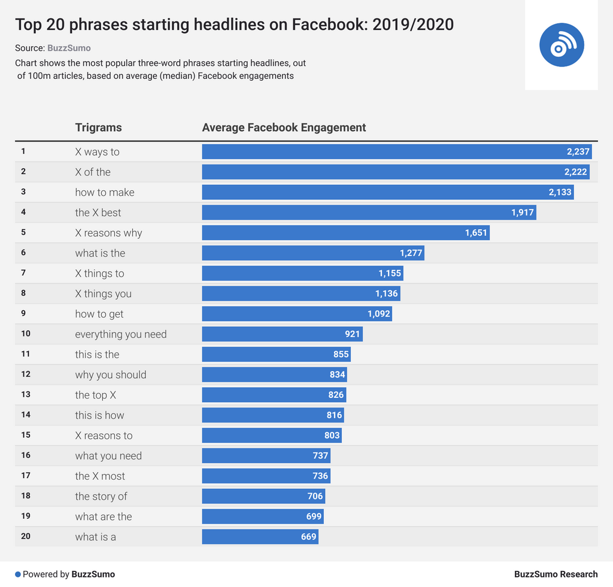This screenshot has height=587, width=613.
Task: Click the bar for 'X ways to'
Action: pyautogui.click(x=396, y=151)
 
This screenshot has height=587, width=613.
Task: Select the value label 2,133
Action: pyautogui.click(x=560, y=192)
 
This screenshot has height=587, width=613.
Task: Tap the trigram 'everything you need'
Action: pyautogui.click(x=121, y=334)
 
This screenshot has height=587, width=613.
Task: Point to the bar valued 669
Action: pyautogui.click(x=260, y=537)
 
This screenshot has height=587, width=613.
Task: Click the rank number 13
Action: pyautogui.click(x=26, y=394)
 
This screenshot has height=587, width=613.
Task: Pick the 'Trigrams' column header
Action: pyautogui.click(x=98, y=127)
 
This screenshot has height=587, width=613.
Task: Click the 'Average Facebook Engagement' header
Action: pyautogui.click(x=284, y=127)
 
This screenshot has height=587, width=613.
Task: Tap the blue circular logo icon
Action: pyautogui.click(x=561, y=45)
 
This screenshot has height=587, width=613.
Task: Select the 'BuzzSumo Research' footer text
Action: pyautogui.click(x=556, y=574)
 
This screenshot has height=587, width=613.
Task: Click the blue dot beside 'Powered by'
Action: pyautogui.click(x=18, y=574)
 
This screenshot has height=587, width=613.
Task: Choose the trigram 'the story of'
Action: pyautogui.click(x=101, y=496)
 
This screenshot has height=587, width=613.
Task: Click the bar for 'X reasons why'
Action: pyautogui.click(x=345, y=233)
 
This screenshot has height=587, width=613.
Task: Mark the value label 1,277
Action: pyautogui.click(x=411, y=253)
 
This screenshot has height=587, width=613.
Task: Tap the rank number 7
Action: pyautogui.click(x=23, y=273)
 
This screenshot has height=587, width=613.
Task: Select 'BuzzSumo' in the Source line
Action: pyautogui.click(x=69, y=48)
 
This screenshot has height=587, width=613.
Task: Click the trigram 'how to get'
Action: pyautogui.click(x=99, y=314)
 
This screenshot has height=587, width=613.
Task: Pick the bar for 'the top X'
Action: pyautogui.click(x=274, y=395)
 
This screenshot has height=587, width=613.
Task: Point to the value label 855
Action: pyautogui.click(x=341, y=354)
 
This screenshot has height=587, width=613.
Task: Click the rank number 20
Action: pyautogui.click(x=26, y=536)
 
